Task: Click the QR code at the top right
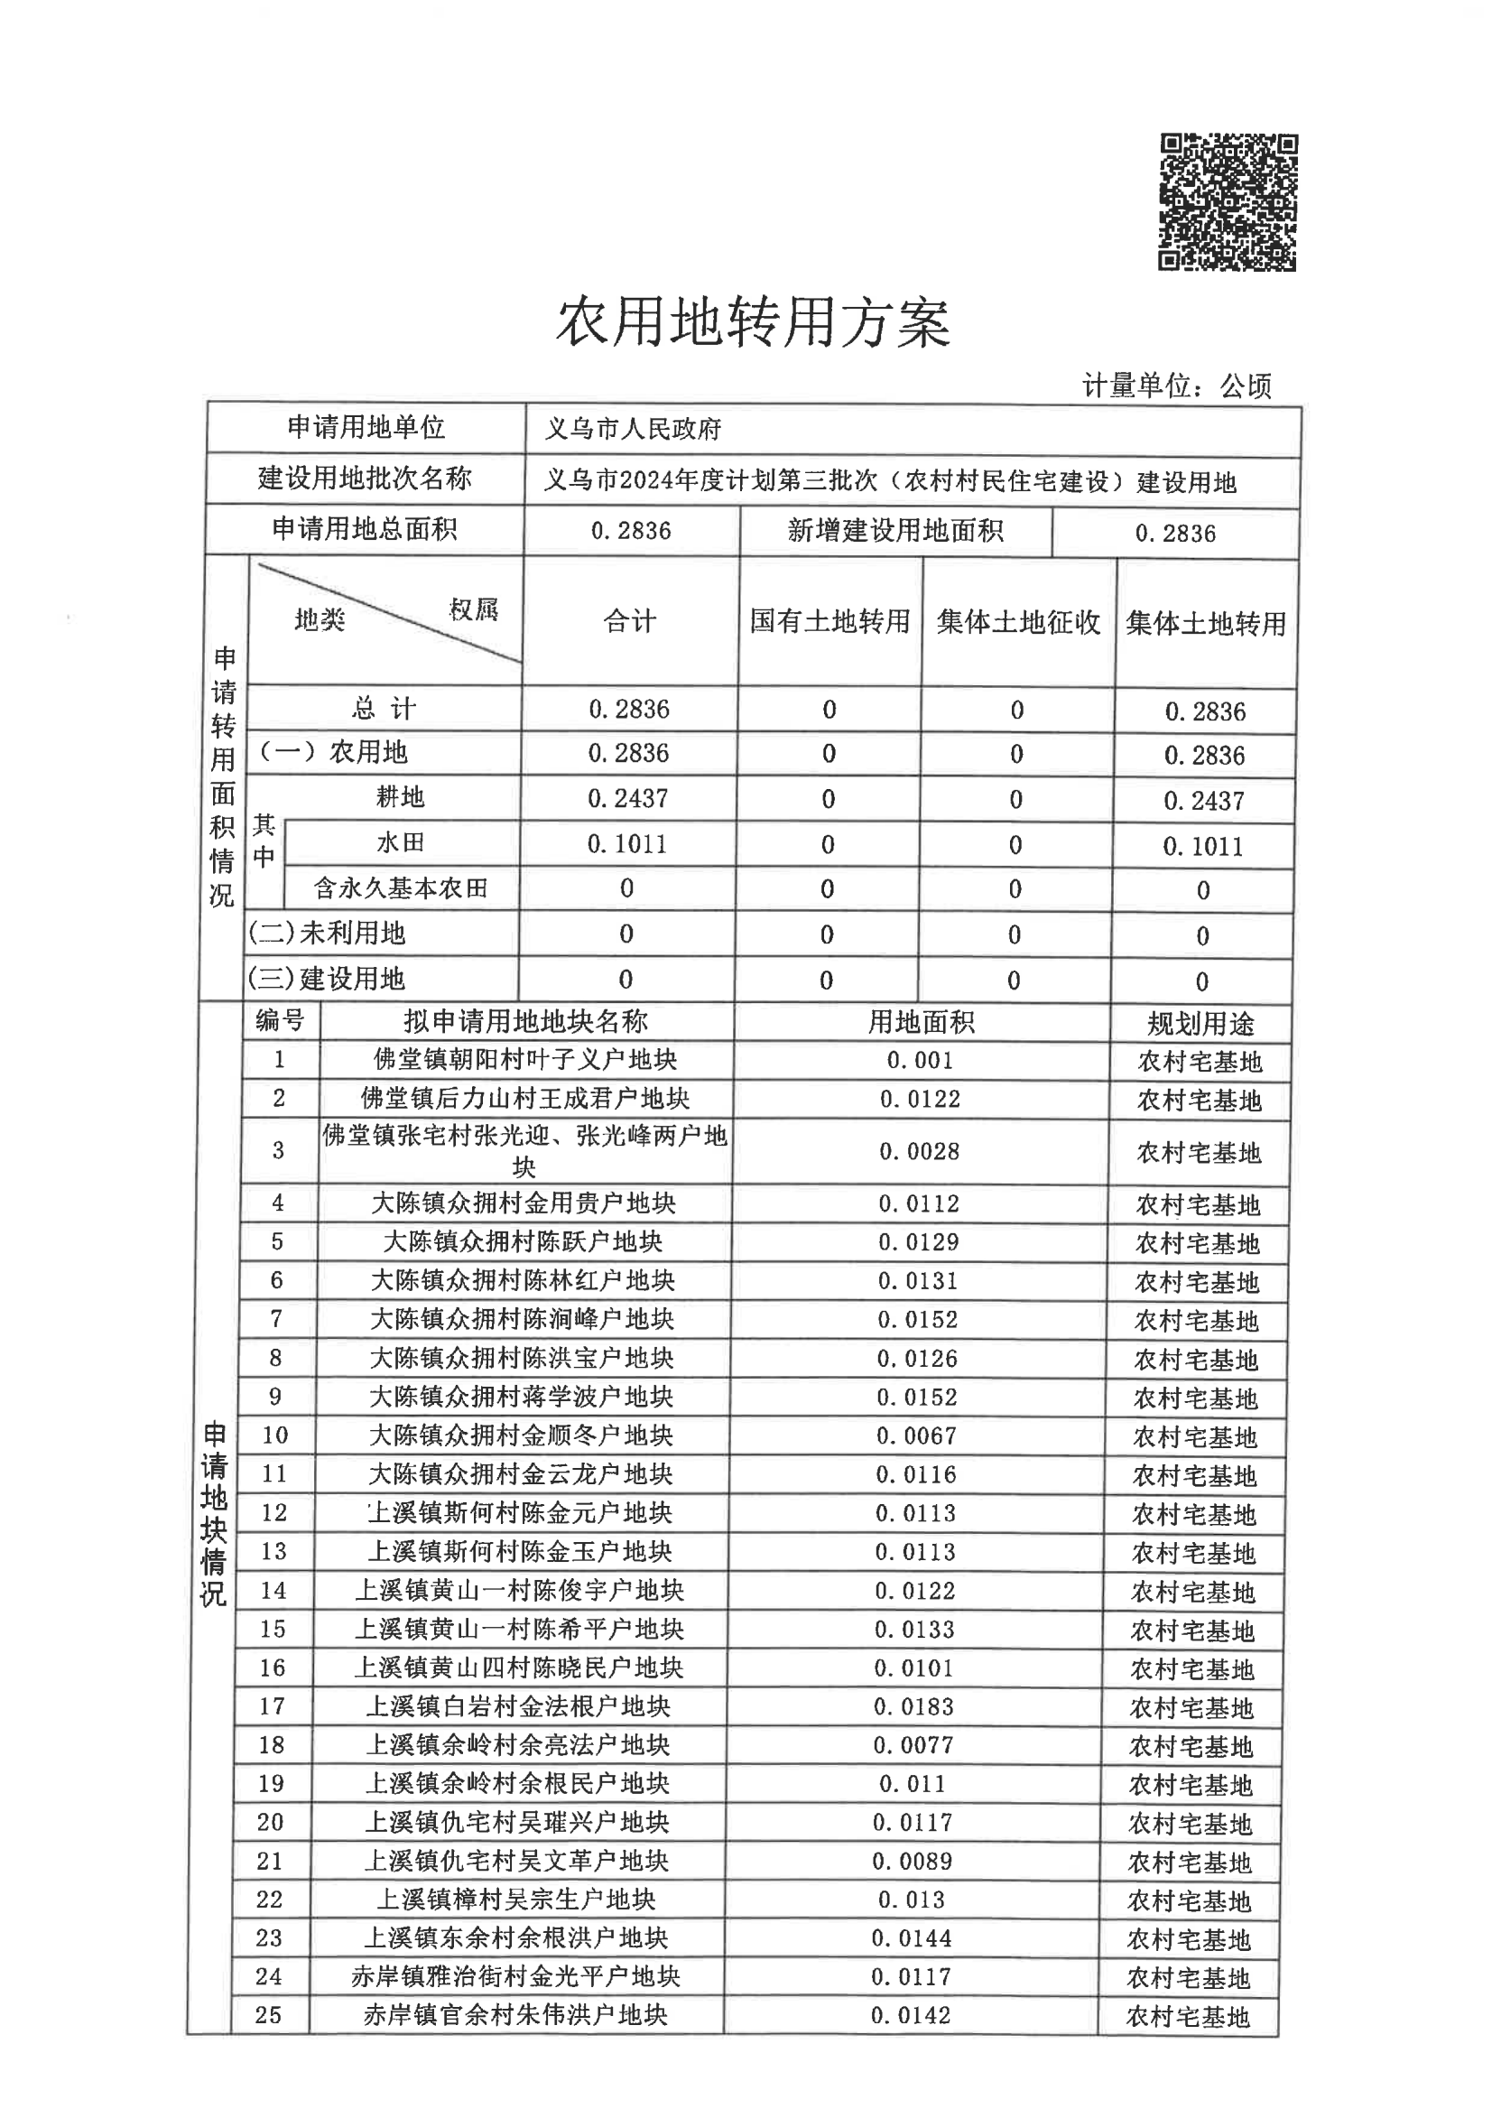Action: (1228, 202)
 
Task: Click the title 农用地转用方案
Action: (753, 322)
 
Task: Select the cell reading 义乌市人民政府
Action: (633, 429)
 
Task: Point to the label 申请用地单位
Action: (366, 427)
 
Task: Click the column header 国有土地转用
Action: (829, 622)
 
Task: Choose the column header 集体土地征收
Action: (1018, 623)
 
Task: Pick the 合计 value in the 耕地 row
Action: (628, 798)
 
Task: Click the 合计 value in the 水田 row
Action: (627, 843)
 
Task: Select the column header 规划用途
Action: (1200, 1024)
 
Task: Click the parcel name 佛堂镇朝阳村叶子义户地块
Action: (525, 1060)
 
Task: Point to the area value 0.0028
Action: (920, 1151)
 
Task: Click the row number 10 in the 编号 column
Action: (274, 1435)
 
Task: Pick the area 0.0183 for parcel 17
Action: (914, 1707)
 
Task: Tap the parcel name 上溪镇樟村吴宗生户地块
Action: (516, 1900)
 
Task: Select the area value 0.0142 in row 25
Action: (912, 2016)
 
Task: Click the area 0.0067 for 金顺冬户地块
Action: (916, 1435)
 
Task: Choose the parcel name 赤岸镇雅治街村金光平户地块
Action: (515, 1977)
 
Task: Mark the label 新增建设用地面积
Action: (894, 531)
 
